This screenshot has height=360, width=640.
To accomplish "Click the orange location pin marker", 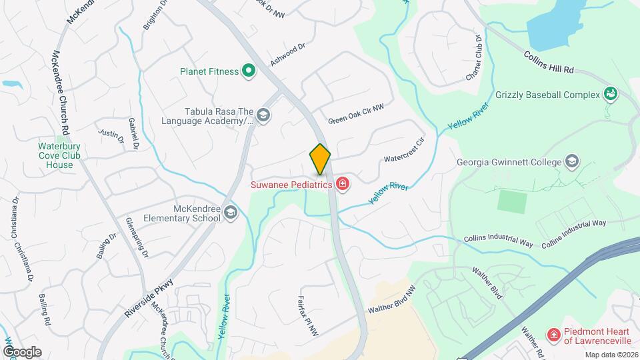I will pos(320,160).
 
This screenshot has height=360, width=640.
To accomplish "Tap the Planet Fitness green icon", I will pos(249,71).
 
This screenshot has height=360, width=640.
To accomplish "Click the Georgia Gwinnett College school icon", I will pos(571,161).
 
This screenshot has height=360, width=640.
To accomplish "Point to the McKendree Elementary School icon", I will pos(231,213).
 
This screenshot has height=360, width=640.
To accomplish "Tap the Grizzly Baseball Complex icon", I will pos(610,94).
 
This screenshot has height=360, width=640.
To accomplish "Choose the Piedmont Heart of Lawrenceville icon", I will pos(553,335).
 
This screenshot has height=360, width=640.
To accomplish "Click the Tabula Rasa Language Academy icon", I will pos(263,116).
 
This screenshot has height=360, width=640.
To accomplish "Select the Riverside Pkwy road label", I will pos(149,292).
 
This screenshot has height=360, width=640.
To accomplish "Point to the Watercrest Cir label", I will pos(404,151).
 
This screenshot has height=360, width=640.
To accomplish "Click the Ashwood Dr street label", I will pos(287,55).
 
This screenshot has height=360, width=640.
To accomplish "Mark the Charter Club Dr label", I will pos(474,64).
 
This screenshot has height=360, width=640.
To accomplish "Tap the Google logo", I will pos(22,351).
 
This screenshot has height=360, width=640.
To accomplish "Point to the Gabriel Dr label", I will pos(134,134).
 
